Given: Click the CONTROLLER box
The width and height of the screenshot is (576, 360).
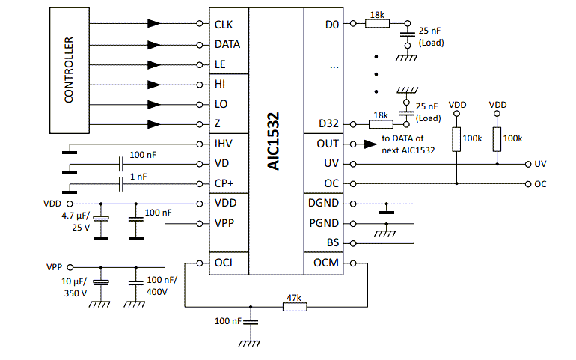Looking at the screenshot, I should (x=68, y=70).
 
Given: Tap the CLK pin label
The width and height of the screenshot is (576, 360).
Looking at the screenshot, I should (x=224, y=25).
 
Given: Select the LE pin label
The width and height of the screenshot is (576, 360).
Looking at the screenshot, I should (x=220, y=65).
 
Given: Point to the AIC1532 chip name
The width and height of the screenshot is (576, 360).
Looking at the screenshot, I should (x=274, y=142).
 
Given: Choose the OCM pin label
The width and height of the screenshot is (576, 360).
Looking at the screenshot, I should (x=325, y=263).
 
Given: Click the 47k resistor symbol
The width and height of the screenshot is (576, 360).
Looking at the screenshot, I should (x=294, y=305).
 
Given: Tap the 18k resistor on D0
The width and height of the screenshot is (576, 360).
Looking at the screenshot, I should (x=378, y=24).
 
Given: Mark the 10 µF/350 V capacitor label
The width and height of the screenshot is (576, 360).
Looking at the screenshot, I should (x=74, y=287).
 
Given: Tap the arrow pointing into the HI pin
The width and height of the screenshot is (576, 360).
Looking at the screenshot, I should (x=154, y=85).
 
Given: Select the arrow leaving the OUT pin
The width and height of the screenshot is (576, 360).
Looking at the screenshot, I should (x=369, y=144).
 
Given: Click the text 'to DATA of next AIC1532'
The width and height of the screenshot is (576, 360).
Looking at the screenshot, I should (x=408, y=144).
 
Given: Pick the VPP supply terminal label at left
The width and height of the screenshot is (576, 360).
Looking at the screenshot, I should (x=54, y=266).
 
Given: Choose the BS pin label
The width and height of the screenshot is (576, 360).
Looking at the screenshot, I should (x=332, y=242).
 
